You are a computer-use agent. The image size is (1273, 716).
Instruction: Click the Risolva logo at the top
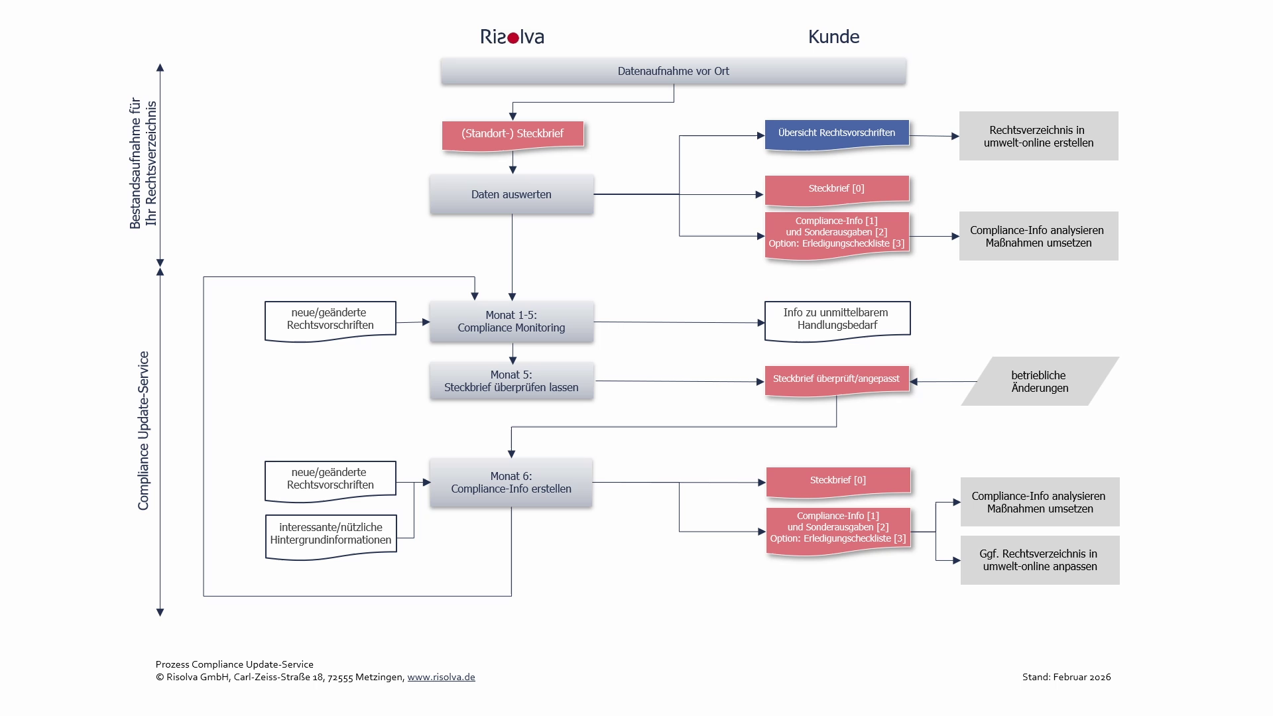click(x=512, y=37)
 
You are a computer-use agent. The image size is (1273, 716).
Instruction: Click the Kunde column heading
click(x=833, y=37)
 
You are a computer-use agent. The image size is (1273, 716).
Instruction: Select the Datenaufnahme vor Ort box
click(x=674, y=72)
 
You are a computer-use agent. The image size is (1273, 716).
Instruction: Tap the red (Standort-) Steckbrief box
click(x=513, y=135)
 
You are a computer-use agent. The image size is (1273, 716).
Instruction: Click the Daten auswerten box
click(x=511, y=194)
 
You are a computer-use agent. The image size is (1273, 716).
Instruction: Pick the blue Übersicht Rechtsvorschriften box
click(x=837, y=135)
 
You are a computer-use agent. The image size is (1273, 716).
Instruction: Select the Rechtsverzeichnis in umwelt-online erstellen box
click(x=1038, y=136)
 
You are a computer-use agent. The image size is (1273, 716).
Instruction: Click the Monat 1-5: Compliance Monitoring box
click(x=511, y=322)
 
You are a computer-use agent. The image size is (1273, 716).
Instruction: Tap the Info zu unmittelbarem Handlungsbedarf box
click(x=837, y=321)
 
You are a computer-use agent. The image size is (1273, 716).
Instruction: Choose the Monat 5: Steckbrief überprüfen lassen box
click(x=511, y=381)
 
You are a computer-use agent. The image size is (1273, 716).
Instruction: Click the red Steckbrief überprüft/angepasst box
click(x=837, y=381)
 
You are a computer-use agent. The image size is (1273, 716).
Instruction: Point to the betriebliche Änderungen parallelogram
click(x=1040, y=381)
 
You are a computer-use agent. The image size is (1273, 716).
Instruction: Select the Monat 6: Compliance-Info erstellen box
click(x=511, y=483)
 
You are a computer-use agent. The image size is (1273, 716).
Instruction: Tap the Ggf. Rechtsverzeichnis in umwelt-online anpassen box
click(x=1040, y=560)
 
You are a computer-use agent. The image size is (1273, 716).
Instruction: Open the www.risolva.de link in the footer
click(x=441, y=677)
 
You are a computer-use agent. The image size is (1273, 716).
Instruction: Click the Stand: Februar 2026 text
click(x=1066, y=677)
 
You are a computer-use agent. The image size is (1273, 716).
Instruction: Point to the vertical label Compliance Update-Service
click(x=143, y=431)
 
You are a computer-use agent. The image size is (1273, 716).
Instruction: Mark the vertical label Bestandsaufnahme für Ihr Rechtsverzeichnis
click(x=143, y=163)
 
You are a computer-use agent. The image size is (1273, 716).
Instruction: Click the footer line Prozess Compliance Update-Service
click(x=235, y=664)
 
